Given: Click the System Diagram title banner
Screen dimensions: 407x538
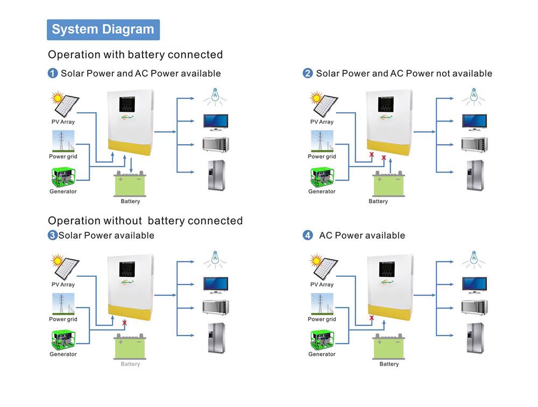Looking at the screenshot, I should (x=103, y=30).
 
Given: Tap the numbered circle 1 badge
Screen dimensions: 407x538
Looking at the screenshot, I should (x=53, y=73).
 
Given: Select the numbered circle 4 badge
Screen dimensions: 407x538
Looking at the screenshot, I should (x=308, y=235).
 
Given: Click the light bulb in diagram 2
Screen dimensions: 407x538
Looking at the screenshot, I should (x=473, y=96).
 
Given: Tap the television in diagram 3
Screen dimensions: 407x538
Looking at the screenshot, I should (x=215, y=284).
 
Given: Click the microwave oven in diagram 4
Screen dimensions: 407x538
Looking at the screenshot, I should (x=474, y=308).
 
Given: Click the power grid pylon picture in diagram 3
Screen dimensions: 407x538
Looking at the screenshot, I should (x=63, y=304).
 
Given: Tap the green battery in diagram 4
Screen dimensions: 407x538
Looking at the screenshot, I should (x=388, y=347).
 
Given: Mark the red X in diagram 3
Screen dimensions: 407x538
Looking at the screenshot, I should (x=125, y=323).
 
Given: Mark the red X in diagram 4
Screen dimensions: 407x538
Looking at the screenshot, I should (x=371, y=318).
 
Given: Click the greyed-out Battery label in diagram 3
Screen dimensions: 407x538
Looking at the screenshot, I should (x=130, y=364).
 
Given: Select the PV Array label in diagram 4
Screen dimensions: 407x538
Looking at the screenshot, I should (x=322, y=284).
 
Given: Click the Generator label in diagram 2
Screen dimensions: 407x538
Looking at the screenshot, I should (x=322, y=191).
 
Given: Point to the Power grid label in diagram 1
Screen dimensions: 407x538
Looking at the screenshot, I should (x=63, y=156).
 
